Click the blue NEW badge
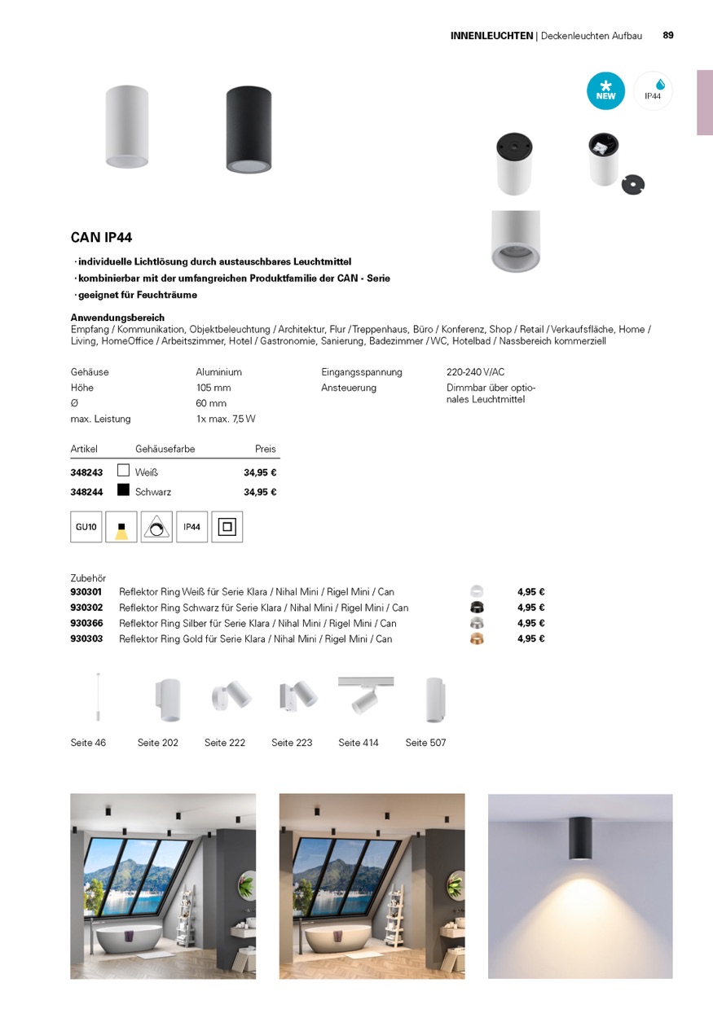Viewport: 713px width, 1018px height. (605, 91)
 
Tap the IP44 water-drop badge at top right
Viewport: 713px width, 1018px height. (653, 90)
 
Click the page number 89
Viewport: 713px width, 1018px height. (668, 35)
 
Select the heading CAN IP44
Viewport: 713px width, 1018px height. (101, 238)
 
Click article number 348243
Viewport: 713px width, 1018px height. (86, 472)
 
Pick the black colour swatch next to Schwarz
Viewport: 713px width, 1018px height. (124, 490)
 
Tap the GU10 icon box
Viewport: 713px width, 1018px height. (86, 527)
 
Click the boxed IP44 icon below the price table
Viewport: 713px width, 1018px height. (191, 527)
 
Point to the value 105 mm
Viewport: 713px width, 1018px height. (213, 388)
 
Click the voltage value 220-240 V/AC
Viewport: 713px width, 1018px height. (475, 372)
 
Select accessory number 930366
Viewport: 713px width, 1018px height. (86, 623)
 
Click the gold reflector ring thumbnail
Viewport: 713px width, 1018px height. (477, 638)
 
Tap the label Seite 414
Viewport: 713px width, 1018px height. (359, 743)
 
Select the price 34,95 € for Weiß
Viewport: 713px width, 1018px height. (260, 472)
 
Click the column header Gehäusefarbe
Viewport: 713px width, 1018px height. (165, 449)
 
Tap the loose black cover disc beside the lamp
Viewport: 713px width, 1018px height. (632, 184)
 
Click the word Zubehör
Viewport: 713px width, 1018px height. (88, 578)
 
